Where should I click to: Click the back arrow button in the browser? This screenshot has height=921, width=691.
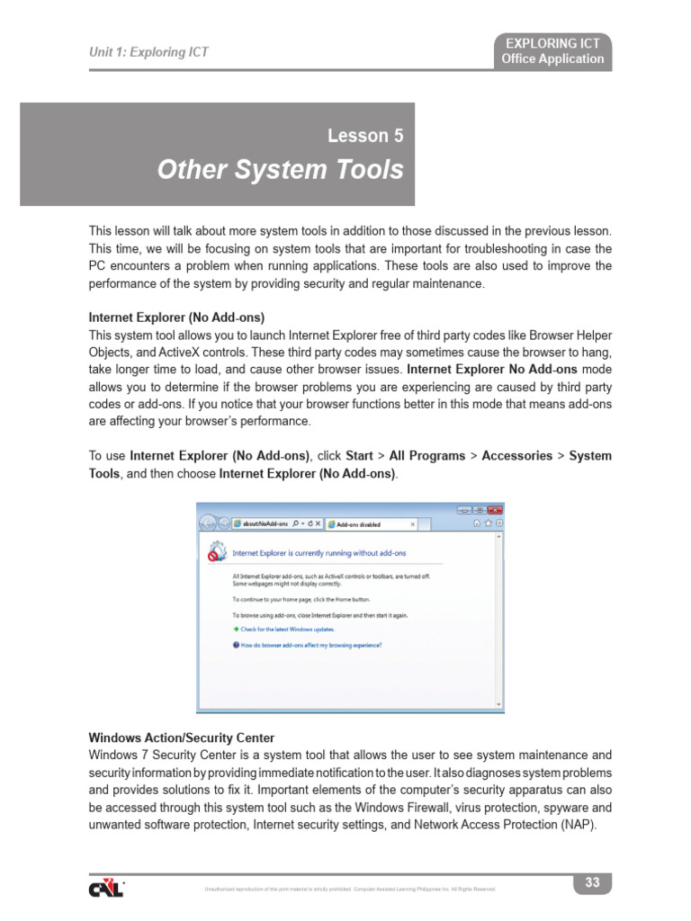(208, 523)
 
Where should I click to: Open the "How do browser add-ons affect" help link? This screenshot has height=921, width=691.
(307, 645)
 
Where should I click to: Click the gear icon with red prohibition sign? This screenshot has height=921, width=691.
(216, 550)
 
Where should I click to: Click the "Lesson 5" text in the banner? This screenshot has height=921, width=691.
(365, 137)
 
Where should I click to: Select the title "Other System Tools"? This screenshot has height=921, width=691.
(281, 170)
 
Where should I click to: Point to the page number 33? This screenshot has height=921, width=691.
(592, 882)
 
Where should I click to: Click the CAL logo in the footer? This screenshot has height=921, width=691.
(106, 887)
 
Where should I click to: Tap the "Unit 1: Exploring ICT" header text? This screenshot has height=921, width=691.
(148, 52)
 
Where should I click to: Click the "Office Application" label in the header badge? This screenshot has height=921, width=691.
(552, 59)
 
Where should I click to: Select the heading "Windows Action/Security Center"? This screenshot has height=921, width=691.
(181, 738)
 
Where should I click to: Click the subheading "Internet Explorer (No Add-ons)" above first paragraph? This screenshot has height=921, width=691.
(176, 317)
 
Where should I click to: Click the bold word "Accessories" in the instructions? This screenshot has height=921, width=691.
(516, 456)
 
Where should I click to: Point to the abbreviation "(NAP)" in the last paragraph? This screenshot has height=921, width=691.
(576, 824)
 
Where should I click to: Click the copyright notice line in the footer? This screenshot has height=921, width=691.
(351, 890)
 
